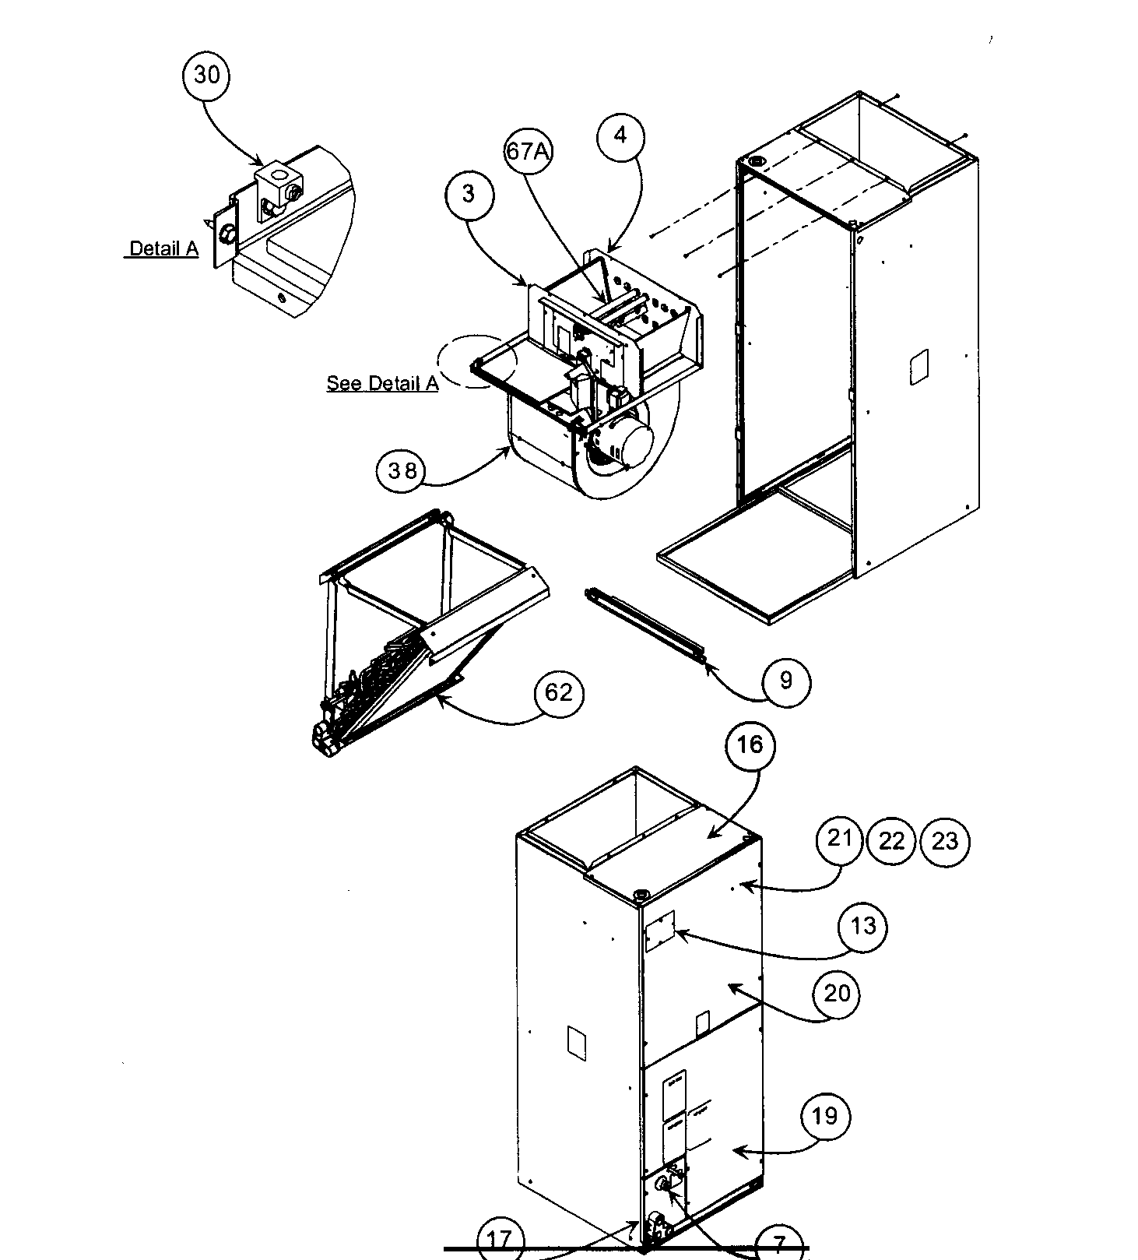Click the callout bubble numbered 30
[206, 76]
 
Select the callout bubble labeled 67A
[528, 151]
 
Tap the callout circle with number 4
[620, 136]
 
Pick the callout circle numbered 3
[469, 194]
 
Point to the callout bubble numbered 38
[401, 471]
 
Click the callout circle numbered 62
[558, 692]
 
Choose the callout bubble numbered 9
[785, 681]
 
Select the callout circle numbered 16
[750, 745]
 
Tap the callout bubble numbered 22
[891, 841]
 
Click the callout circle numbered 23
[944, 841]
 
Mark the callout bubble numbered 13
[863, 926]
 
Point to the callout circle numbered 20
[837, 994]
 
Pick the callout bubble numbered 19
[824, 1116]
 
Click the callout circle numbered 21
[840, 839]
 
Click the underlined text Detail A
[163, 249]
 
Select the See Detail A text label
[382, 384]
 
